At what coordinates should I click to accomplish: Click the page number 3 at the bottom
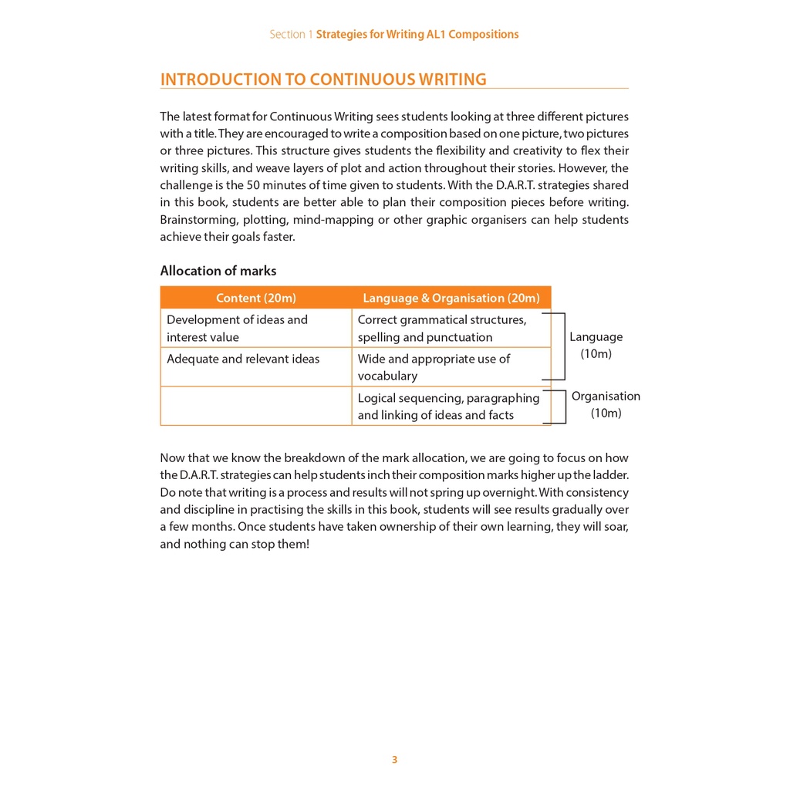pyautogui.click(x=394, y=760)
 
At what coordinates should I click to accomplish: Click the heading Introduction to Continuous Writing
pyautogui.click(x=323, y=79)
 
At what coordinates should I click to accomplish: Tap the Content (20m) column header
pyautogui.click(x=255, y=298)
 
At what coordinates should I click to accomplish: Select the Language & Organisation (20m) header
pyautogui.click(x=451, y=298)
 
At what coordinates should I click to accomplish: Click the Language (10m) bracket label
pyautogui.click(x=596, y=345)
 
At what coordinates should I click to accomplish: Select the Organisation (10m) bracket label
pyautogui.click(x=606, y=404)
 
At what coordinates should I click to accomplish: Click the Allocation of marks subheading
pyautogui.click(x=218, y=271)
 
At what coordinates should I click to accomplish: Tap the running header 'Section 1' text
pyautogui.click(x=291, y=35)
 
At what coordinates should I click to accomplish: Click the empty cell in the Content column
pyautogui.click(x=255, y=406)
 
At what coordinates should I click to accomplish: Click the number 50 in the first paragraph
pyautogui.click(x=253, y=185)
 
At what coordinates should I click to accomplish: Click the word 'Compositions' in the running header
pyautogui.click(x=483, y=35)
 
